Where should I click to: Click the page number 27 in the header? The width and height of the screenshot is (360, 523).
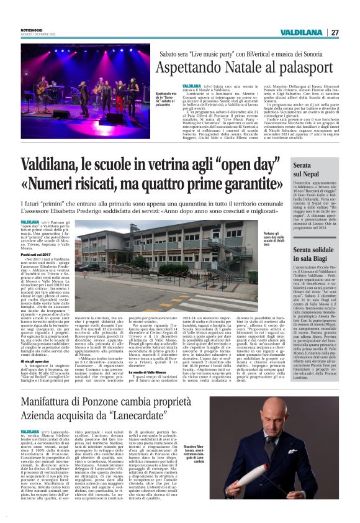(x=335, y=32)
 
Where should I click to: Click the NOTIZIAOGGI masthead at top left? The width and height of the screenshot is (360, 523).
(x=32, y=30)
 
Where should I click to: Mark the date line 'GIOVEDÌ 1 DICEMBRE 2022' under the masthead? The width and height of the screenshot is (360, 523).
(x=37, y=34)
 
